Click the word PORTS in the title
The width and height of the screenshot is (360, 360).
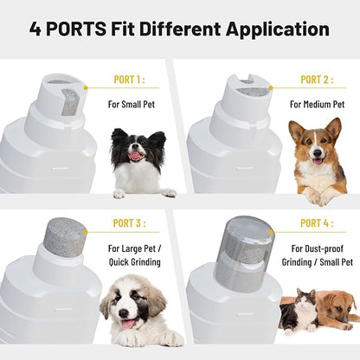76,29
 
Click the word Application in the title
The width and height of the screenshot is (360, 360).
278,29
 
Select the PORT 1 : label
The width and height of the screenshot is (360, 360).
129,80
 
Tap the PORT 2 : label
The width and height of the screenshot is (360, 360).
317,80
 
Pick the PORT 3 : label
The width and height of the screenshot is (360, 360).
129,223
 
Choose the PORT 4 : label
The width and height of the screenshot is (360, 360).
317,223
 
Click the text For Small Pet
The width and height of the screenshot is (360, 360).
132,104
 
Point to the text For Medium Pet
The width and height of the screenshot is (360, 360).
317,104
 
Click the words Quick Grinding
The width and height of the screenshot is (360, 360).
134,262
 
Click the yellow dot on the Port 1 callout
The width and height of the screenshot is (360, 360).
86,87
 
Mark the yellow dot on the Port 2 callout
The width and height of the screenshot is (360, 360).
271,88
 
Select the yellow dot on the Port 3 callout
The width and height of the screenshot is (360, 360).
86,232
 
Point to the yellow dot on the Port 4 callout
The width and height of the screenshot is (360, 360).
271,232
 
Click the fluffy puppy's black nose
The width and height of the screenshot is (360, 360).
125,313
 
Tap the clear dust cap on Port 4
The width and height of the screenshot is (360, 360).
244,249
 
